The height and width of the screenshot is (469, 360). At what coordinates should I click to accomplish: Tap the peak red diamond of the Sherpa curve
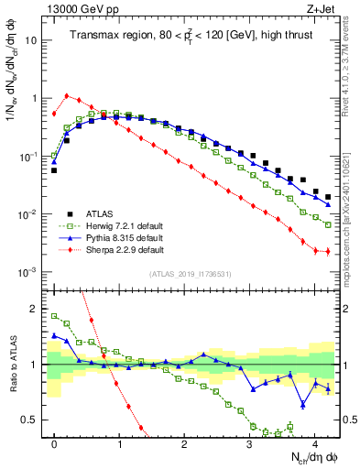[67, 94]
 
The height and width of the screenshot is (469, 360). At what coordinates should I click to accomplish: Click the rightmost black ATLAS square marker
[327, 196]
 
